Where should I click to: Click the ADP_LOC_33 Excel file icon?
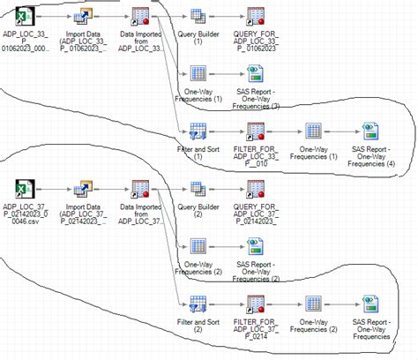point(26,17)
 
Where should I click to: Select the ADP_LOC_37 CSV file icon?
point(26,188)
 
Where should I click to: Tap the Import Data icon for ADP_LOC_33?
point(85,17)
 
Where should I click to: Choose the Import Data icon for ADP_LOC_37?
point(85,188)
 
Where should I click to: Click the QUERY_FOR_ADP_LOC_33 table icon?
point(256,17)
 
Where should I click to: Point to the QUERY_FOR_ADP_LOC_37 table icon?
point(256,188)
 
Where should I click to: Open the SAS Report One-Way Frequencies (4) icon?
point(370,131)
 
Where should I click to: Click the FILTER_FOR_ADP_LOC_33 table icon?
point(256,131)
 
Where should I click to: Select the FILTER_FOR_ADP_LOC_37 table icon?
point(256,303)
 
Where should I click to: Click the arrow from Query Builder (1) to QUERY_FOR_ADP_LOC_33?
point(227,17)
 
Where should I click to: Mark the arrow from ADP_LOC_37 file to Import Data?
point(56,188)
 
